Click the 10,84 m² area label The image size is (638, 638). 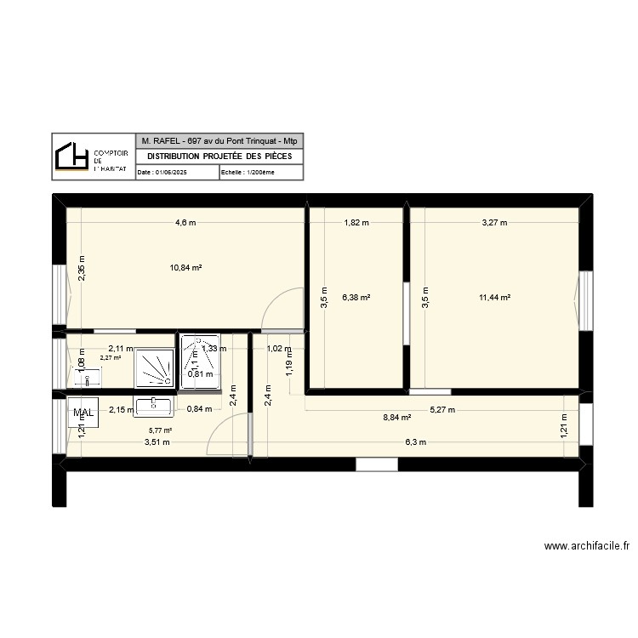[x=185, y=267]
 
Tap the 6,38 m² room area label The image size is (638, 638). [x=356, y=298]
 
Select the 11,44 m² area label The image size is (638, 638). [x=494, y=298]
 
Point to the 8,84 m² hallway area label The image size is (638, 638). [x=397, y=418]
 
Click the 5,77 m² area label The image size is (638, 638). [x=160, y=431]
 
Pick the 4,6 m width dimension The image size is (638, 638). [x=185, y=224]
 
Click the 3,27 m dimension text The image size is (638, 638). [x=494, y=224]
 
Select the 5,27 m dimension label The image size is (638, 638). [x=442, y=409]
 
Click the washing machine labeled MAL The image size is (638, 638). [x=84, y=413]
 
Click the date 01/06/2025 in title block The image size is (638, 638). [x=163, y=172]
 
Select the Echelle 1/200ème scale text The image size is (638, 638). [x=248, y=172]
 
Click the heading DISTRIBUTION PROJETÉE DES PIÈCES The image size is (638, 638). [x=219, y=157]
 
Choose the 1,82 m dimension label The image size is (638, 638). [x=356, y=224]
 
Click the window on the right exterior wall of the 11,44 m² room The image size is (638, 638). [x=585, y=298]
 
